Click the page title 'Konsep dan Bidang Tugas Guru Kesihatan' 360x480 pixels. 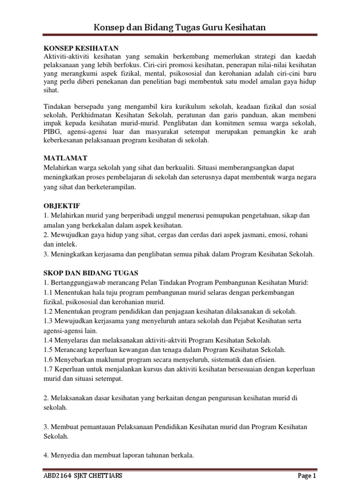point(180,28)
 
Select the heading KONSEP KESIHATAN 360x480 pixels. point(81,48)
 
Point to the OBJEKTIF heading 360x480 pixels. point(62,205)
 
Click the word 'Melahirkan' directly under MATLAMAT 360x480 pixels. point(63,168)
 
